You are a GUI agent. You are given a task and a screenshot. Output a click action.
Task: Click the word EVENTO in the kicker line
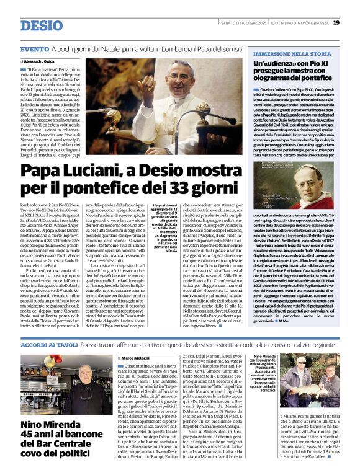[34, 49]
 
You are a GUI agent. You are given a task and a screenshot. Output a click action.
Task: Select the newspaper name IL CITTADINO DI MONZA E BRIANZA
[292, 23]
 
